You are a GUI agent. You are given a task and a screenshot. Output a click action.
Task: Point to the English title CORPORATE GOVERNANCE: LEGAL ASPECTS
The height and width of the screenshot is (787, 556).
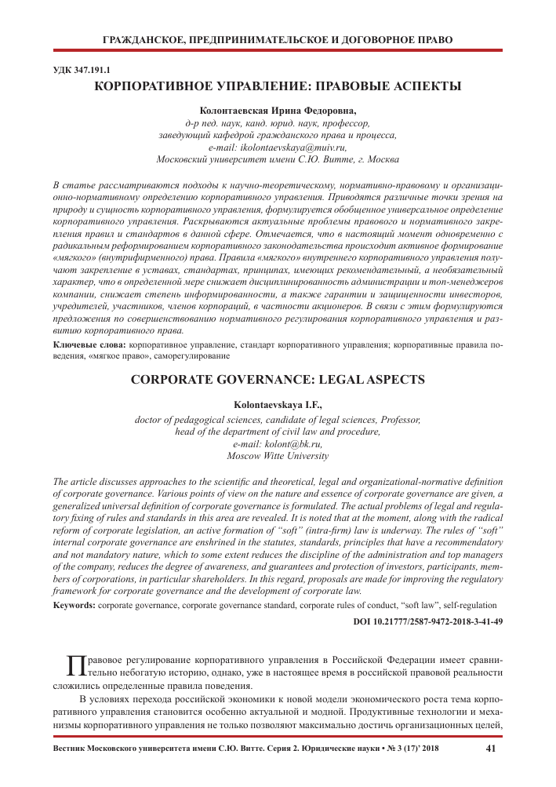[x=278, y=379]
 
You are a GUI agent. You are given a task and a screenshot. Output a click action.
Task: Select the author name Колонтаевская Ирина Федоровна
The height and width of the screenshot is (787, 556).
[x=278, y=111]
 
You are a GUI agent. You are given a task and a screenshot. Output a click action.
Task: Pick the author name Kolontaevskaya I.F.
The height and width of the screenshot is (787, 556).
[x=278, y=404]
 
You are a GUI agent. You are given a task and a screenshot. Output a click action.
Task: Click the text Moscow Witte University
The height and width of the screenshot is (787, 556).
[x=278, y=456]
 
